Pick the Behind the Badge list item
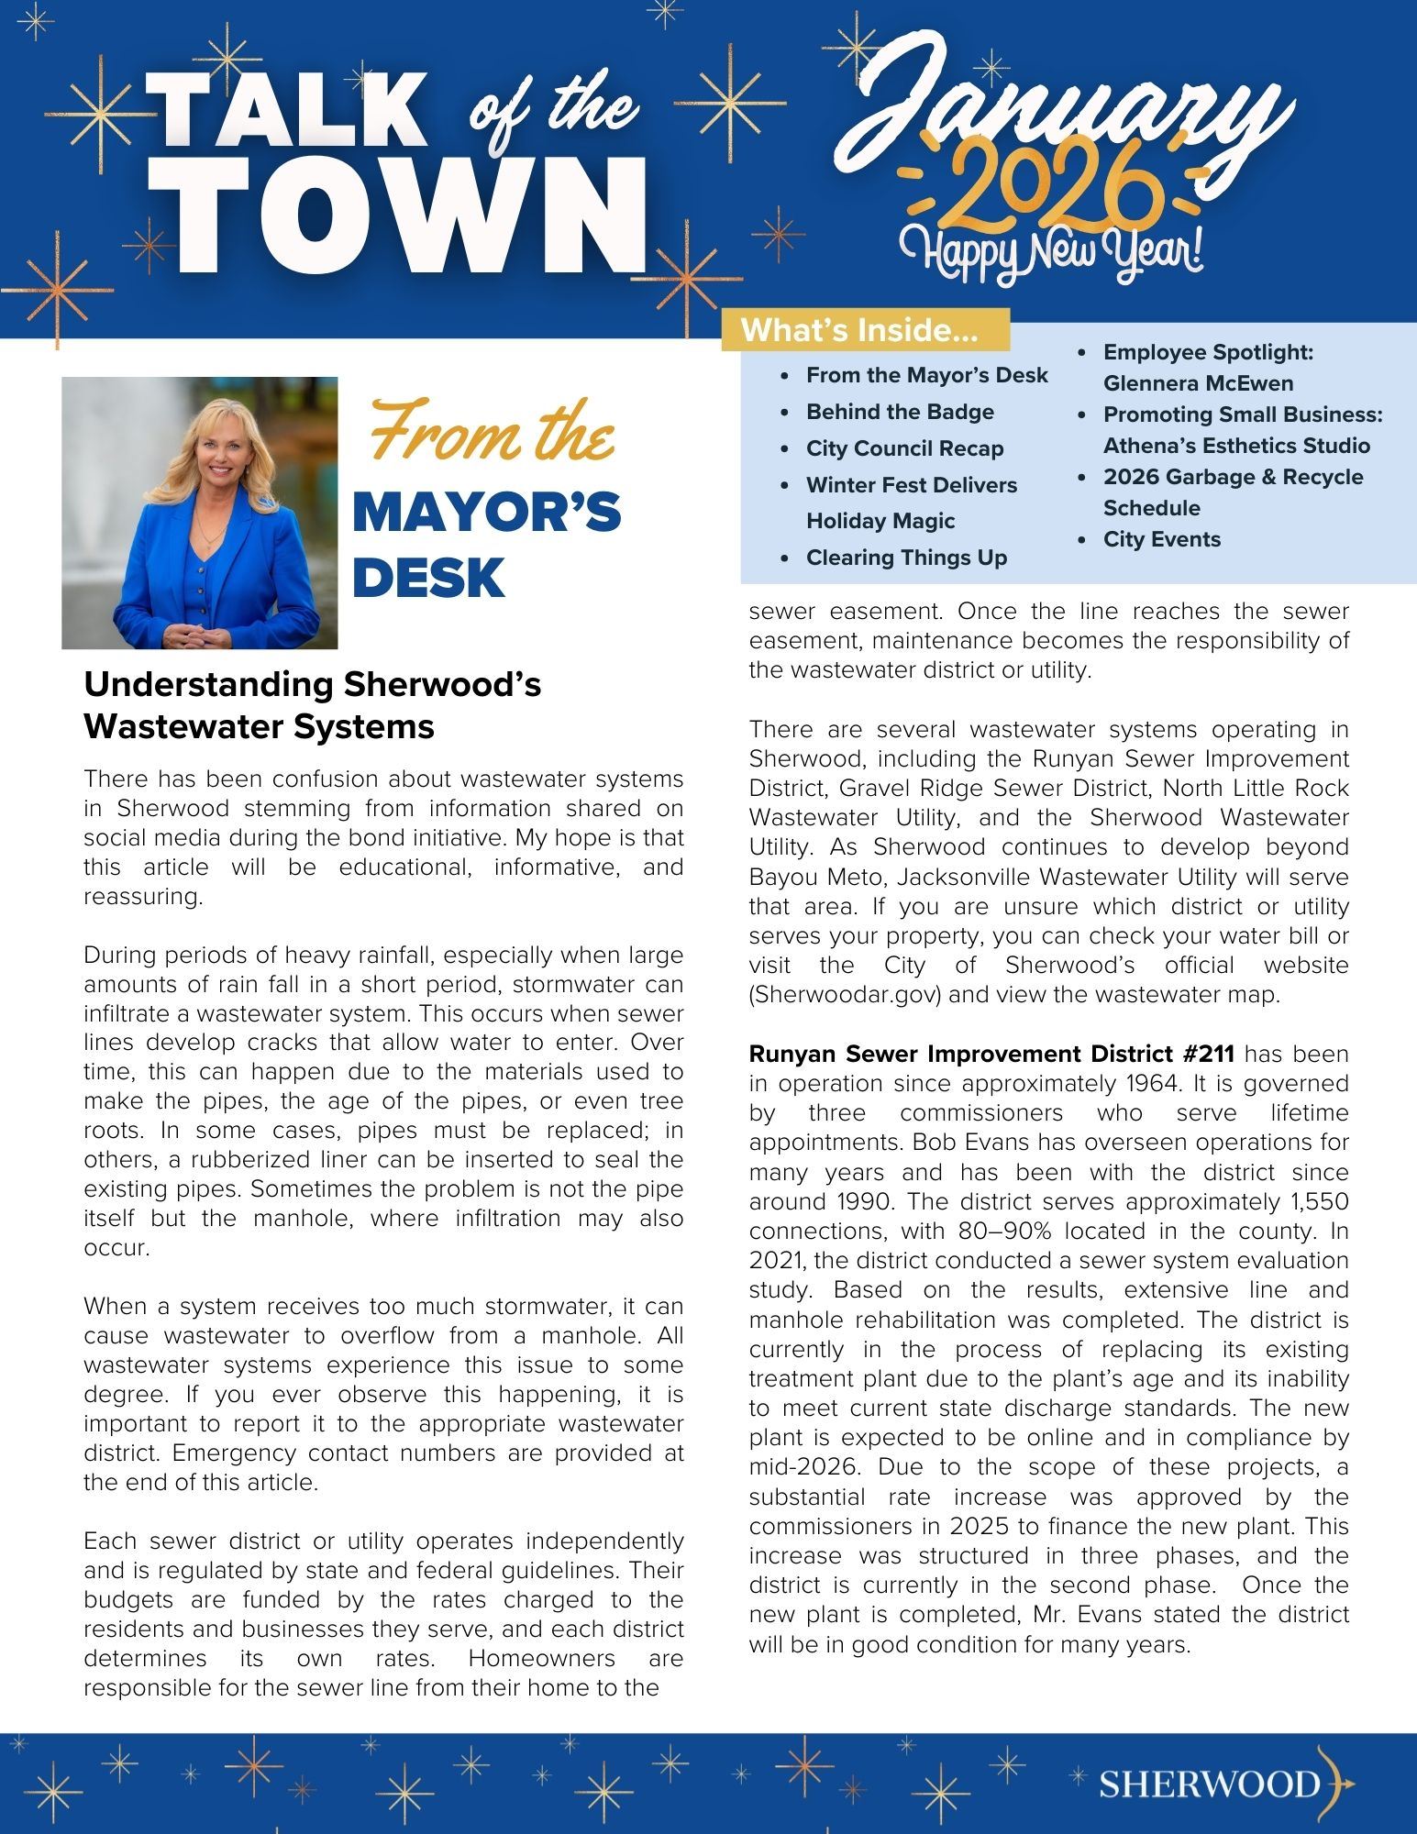point(900,413)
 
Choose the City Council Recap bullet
point(904,448)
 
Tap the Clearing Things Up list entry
point(906,558)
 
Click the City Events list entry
point(1161,539)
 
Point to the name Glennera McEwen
point(1198,383)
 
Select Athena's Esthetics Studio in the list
point(1236,446)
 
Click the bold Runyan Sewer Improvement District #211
point(991,1054)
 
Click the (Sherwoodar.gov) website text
point(845,995)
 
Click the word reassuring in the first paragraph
point(142,897)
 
